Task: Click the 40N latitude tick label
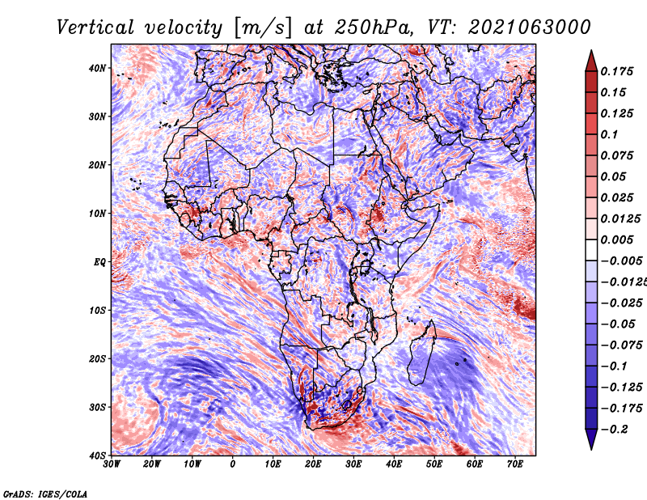(97, 68)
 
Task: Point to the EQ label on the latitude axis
(99, 262)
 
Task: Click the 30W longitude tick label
(112, 464)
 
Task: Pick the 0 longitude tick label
(233, 464)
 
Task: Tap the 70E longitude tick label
(515, 464)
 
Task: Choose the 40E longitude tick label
(394, 464)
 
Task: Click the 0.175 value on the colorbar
(617, 72)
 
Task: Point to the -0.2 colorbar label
(615, 430)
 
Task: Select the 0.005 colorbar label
(617, 239)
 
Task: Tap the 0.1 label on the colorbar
(610, 134)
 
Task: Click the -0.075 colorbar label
(622, 345)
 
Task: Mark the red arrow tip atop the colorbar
(591, 51)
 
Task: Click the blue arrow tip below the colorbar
(591, 449)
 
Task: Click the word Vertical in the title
(95, 28)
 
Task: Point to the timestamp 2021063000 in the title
(530, 28)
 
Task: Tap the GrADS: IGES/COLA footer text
(45, 494)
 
